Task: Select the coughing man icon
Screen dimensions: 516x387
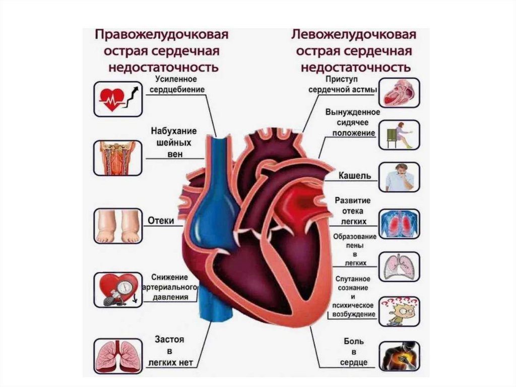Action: [x=399, y=177]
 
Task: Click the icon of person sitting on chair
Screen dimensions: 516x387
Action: [x=399, y=135]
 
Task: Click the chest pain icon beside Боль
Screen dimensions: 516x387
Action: [x=399, y=356]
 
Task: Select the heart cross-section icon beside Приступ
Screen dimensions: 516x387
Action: [x=399, y=93]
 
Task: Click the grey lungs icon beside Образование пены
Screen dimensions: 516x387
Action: [x=399, y=266]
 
